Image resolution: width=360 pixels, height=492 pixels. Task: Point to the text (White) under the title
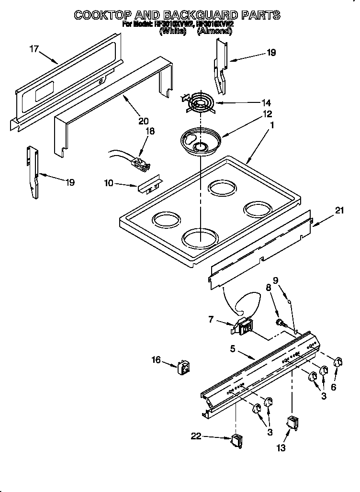click(172, 31)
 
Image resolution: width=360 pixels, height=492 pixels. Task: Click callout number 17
click(34, 49)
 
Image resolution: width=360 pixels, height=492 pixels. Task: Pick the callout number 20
click(143, 121)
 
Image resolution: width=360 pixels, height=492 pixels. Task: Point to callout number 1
click(271, 125)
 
